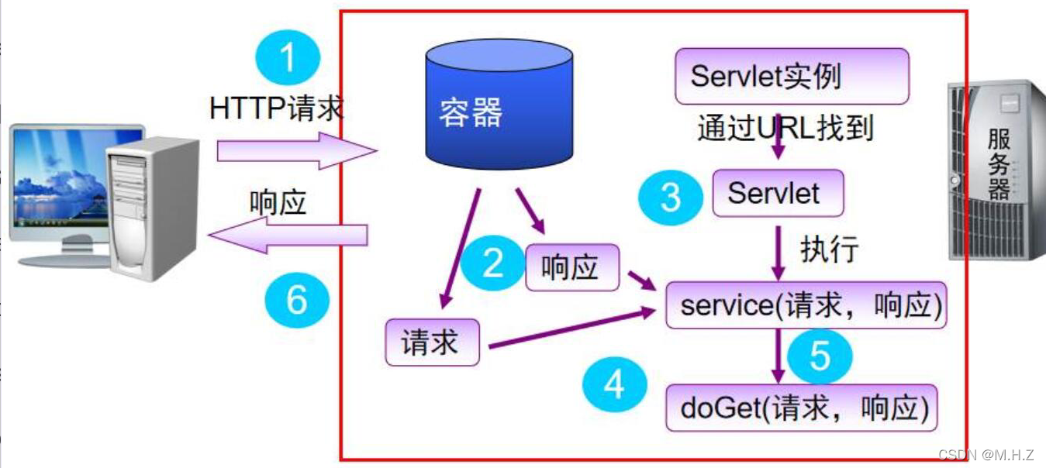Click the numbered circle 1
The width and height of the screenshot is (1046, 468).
pos(288,57)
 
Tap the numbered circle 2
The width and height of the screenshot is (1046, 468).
pos(494,263)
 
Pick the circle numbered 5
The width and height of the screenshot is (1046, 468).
pos(820,356)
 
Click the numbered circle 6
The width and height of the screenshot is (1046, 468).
pos(297,299)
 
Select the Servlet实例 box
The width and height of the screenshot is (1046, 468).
pos(791,76)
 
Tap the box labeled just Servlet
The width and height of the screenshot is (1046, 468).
pos(777,193)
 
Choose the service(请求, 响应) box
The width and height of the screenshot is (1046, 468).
pos(806,305)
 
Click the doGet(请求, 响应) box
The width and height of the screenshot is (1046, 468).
pos(801,408)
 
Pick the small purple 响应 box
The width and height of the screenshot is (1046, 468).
pos(572,267)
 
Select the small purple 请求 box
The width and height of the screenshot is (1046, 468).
pos(432,342)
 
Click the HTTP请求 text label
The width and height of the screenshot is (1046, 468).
pos(276,108)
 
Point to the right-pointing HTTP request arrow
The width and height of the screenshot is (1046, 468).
pos(295,150)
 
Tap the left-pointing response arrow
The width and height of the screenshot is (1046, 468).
pos(291,234)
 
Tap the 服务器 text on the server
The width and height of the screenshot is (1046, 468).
pos(999,165)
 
